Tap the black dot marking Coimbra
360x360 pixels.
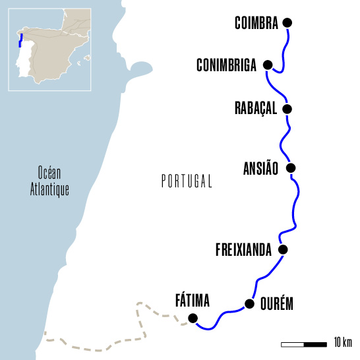pyautogui.click(x=287, y=23)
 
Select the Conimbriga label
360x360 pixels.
pyautogui.click(x=226, y=65)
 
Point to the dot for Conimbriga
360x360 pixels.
pyautogui.click(x=267, y=65)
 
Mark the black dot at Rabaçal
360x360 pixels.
pyautogui.click(x=286, y=109)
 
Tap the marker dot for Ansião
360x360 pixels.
pyautogui.click(x=291, y=168)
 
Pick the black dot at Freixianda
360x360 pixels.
pyautogui.click(x=284, y=249)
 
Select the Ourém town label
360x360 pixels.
pyautogui.click(x=276, y=305)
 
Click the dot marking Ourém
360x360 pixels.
pyautogui.click(x=249, y=304)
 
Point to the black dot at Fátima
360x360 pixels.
pyautogui.click(x=193, y=318)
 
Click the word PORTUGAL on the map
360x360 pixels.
pyautogui.click(x=187, y=181)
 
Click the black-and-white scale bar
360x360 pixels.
pyautogui.click(x=304, y=344)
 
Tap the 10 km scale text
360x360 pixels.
pyautogui.click(x=344, y=343)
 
